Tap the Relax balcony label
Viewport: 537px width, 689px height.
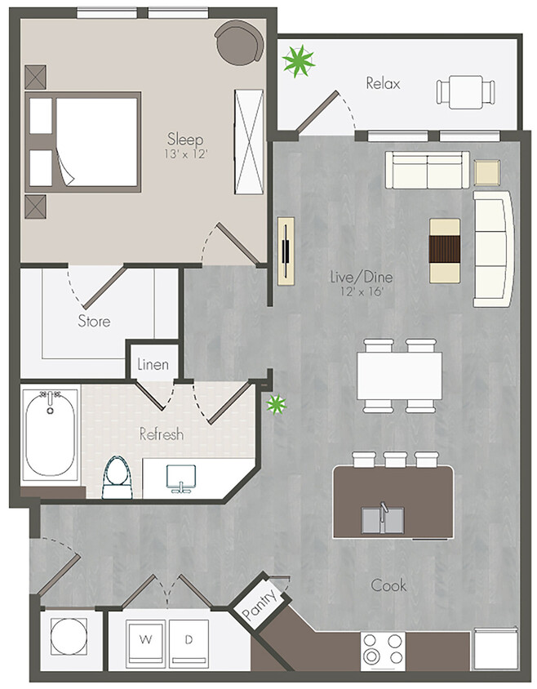click(383, 83)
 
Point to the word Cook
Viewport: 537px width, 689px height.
click(388, 585)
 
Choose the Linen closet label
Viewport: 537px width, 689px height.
click(153, 364)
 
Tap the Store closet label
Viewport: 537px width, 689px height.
click(94, 321)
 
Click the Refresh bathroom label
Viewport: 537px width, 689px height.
click(161, 434)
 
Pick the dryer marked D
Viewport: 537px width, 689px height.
click(189, 640)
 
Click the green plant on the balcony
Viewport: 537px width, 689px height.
click(298, 60)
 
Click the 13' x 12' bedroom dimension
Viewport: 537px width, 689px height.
click(185, 153)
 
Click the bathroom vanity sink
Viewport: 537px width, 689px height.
click(180, 478)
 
